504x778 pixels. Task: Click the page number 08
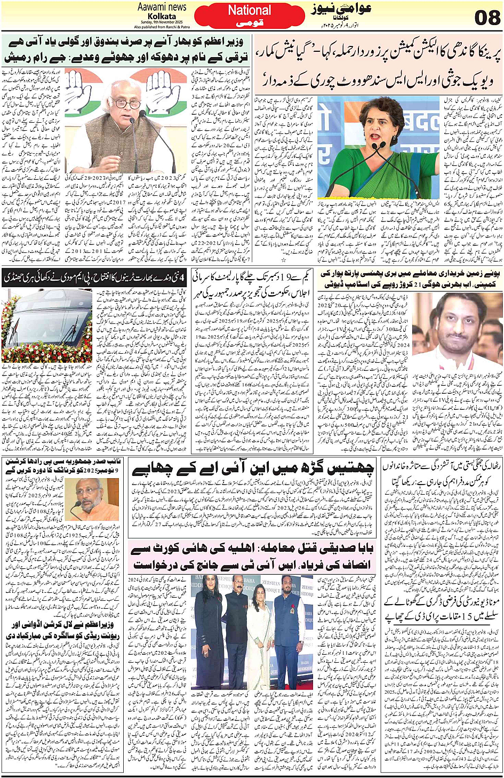(x=487, y=17)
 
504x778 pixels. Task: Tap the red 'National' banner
(x=250, y=10)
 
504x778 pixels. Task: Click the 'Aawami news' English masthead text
(x=162, y=7)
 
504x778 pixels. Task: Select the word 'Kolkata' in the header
(x=162, y=16)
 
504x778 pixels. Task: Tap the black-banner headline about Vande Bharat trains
(x=93, y=277)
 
